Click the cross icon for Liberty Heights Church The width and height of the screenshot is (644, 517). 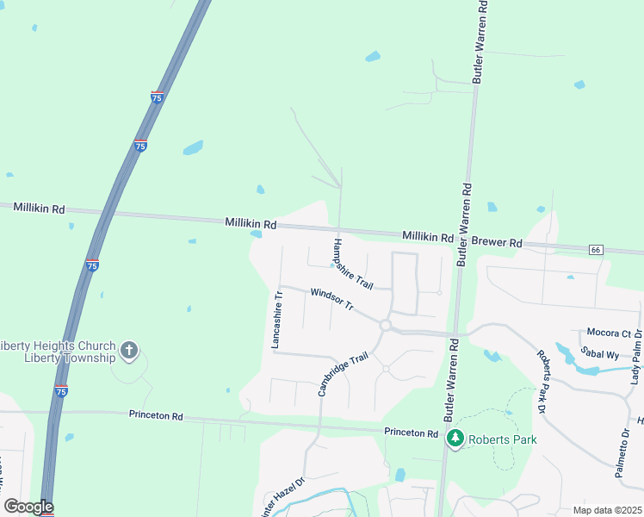128,350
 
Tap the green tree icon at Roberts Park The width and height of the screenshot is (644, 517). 455,439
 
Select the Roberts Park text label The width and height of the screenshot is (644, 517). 503,439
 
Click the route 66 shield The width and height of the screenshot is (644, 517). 595,250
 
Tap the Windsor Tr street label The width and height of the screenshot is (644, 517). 332,300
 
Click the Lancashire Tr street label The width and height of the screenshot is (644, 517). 277,319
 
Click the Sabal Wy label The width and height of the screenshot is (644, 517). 600,354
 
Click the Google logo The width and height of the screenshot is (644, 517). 28,507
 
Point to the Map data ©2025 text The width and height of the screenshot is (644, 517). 607,510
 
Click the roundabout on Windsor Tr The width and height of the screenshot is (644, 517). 386,326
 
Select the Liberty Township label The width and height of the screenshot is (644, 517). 70,358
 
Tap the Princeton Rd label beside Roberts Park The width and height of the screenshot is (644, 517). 412,433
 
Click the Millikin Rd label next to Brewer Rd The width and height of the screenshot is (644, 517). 428,237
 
